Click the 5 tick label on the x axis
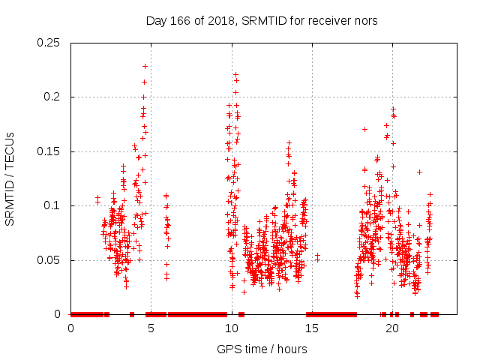[151, 328]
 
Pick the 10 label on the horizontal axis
[232, 328]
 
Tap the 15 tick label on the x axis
[312, 328]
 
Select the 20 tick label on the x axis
[392, 328]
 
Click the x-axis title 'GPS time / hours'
[262, 349]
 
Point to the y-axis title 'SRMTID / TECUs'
[10, 178]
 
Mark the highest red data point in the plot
[145, 66]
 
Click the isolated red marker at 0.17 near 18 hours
[364, 129]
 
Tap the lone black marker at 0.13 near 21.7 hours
[419, 172]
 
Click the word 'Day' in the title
[155, 20]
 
